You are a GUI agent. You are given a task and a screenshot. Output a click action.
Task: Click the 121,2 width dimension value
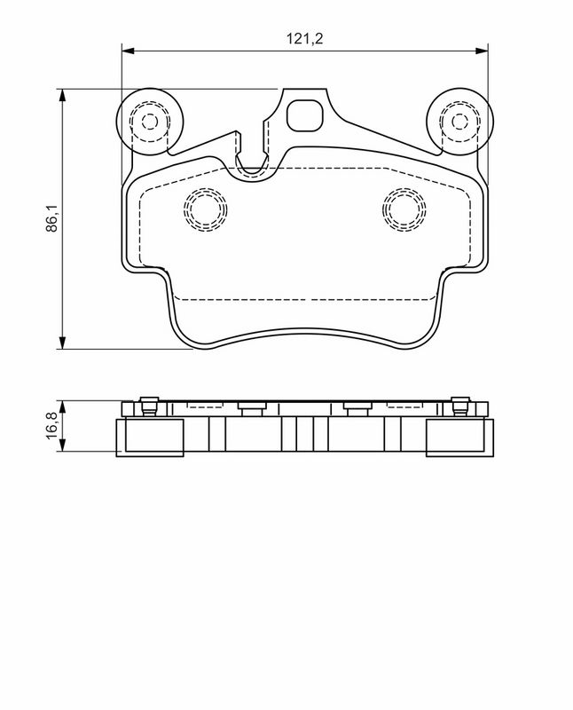[304, 38]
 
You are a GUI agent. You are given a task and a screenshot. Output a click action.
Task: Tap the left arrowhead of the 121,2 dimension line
[129, 51]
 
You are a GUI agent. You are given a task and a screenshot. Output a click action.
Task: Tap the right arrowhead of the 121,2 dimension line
[482, 51]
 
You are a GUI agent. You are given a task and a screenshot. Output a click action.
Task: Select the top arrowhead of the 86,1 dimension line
[62, 96]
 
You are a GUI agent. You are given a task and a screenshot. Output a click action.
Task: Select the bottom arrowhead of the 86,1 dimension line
[62, 343]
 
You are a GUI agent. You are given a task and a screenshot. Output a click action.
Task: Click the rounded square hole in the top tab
[305, 115]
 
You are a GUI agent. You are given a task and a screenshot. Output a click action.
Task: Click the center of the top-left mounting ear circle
[150, 122]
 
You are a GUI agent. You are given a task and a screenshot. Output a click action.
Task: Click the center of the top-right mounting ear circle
[459, 122]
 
